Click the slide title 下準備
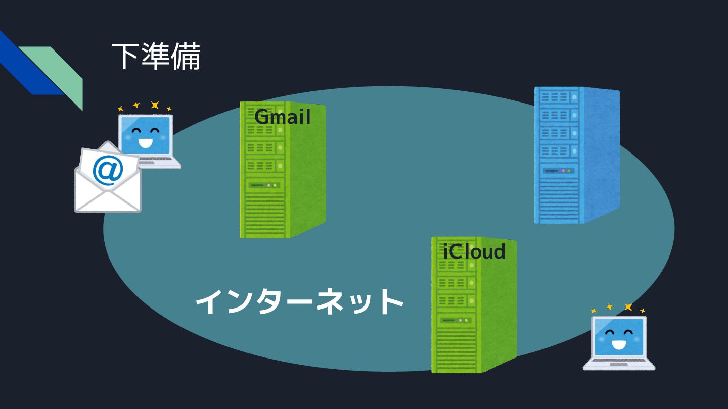tap(156, 57)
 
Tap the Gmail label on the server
tap(282, 117)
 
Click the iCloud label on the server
tap(474, 251)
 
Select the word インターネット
tap(299, 302)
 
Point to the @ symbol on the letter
tap(108, 171)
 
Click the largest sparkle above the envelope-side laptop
tap(155, 105)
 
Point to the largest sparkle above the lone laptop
tap(628, 307)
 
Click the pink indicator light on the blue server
tap(563, 171)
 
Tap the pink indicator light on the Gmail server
tap(268, 185)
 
